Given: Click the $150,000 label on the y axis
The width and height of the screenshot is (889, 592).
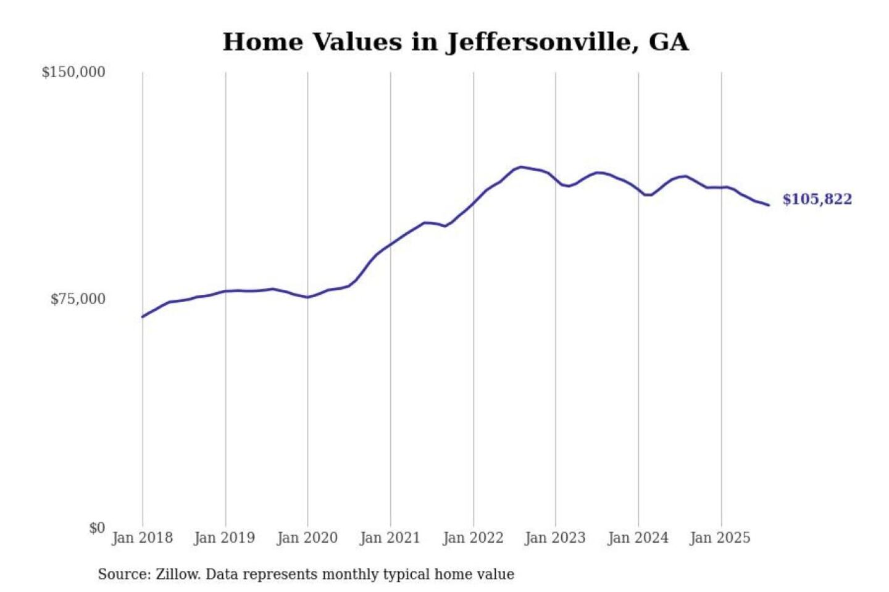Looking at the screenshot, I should [73, 72].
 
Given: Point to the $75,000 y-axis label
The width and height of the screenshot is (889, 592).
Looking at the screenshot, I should [78, 299].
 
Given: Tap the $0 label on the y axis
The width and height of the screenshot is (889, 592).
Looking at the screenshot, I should [97, 528].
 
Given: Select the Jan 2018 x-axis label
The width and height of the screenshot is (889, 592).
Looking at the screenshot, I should [142, 538].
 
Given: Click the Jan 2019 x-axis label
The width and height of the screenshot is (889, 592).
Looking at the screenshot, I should [224, 538].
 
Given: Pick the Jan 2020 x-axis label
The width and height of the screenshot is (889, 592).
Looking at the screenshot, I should [307, 538].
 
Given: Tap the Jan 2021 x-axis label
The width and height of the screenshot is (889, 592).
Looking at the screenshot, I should [390, 538].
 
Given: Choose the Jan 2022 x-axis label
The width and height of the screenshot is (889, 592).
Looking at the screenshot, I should [473, 538].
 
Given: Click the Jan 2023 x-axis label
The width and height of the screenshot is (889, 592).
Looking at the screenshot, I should [555, 538].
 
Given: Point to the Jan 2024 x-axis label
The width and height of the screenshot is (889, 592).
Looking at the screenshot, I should [638, 538].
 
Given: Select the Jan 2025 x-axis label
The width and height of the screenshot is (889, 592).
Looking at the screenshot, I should [720, 538].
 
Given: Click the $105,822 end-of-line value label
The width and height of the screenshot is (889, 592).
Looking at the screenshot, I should [817, 199].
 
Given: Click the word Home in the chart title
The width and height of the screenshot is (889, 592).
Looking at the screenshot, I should [263, 42].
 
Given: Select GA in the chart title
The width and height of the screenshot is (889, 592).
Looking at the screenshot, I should [669, 42].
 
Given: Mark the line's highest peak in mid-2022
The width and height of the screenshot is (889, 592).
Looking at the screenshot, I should [521, 166].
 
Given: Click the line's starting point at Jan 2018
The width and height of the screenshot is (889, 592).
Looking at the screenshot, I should [143, 317].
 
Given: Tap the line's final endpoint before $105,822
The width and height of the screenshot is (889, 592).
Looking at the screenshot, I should [769, 205].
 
